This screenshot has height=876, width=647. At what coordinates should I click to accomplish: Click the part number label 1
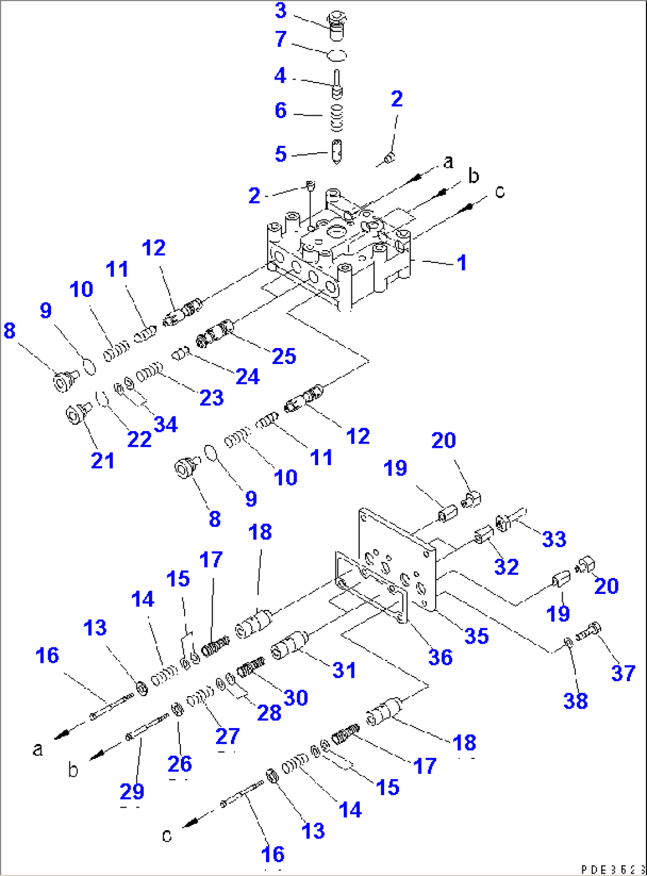click(461, 263)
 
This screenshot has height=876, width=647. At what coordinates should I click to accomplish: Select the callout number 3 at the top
click(281, 11)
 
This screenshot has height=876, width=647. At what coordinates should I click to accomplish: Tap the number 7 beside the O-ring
click(281, 40)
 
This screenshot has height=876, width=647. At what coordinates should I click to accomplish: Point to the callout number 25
click(284, 356)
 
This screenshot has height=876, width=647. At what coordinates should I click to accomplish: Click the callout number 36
click(440, 657)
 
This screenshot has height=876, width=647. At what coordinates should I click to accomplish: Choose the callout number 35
click(476, 636)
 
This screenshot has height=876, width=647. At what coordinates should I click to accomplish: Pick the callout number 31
click(344, 671)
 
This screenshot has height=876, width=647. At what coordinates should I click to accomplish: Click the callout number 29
click(132, 792)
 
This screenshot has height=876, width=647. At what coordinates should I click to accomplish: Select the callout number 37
click(623, 673)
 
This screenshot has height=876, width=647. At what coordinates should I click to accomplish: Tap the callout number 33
click(554, 539)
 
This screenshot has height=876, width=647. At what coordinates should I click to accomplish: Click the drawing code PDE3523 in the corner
click(611, 869)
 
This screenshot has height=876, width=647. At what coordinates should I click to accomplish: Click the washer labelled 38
click(568, 641)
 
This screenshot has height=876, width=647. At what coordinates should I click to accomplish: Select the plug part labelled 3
click(337, 26)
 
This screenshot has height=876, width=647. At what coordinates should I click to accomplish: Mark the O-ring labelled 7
click(337, 55)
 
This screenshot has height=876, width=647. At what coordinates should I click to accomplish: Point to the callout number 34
click(165, 425)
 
